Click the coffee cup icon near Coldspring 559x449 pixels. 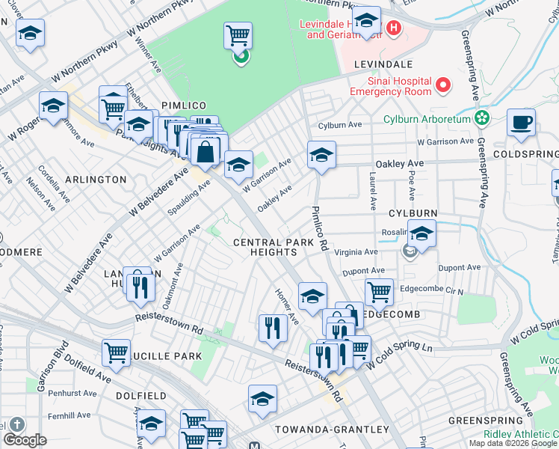pyautogui.click(x=521, y=121)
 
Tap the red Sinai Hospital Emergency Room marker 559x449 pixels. pyautogui.click(x=444, y=85)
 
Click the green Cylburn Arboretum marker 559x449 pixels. pyautogui.click(x=482, y=118)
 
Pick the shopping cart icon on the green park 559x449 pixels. pyautogui.click(x=238, y=34)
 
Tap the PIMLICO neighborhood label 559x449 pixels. pyautogui.click(x=182, y=107)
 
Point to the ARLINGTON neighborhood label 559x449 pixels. pyautogui.click(x=96, y=180)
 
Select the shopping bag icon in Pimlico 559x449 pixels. pyautogui.click(x=205, y=152)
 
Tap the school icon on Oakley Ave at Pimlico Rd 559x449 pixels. pyautogui.click(x=321, y=155)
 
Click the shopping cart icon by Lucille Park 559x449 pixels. pyautogui.click(x=116, y=352)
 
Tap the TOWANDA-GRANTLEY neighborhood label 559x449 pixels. pyautogui.click(x=332, y=429)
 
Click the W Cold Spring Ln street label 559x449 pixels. pyautogui.click(x=400, y=357)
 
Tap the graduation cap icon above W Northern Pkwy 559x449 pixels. pyautogui.click(x=31, y=33)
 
